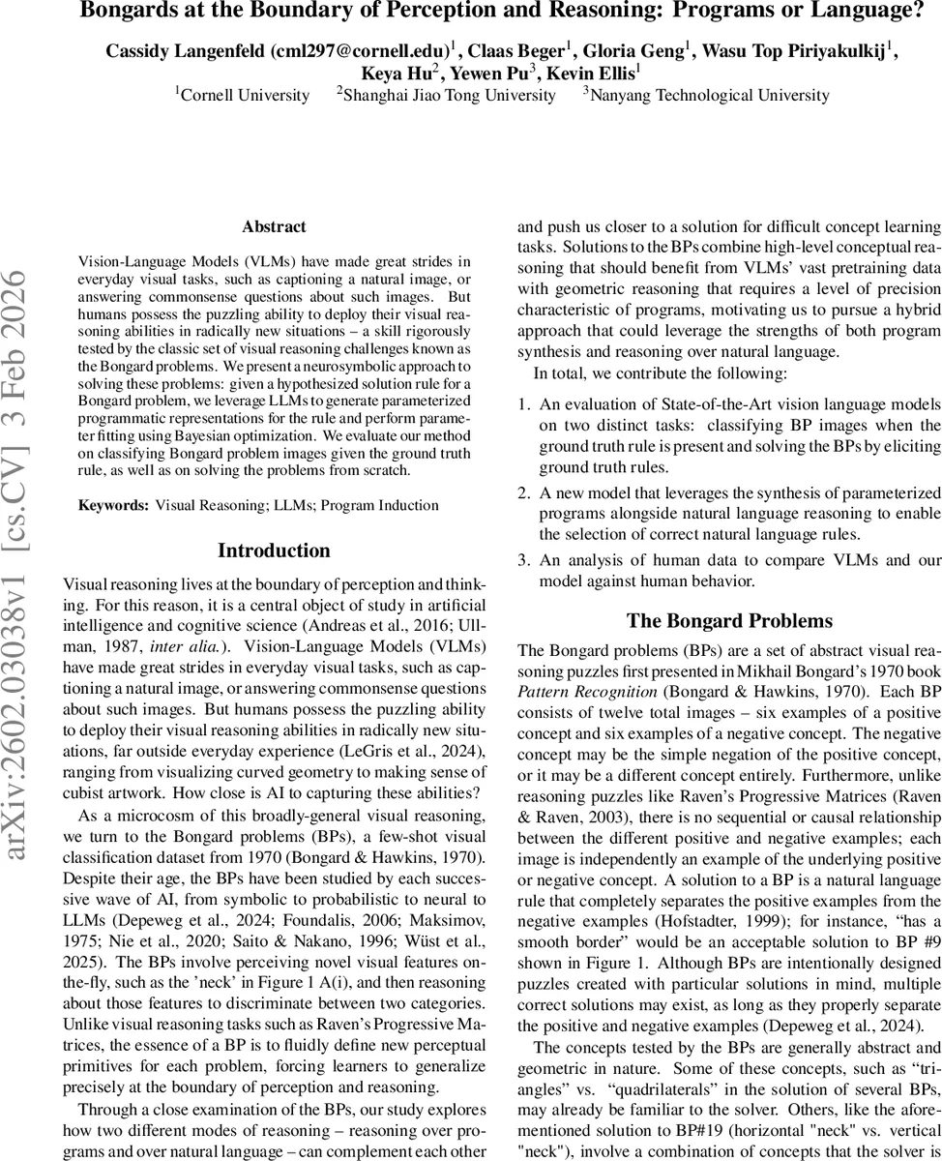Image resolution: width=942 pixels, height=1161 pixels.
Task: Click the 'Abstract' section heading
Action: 274,226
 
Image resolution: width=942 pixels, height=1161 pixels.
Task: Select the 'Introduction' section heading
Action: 274,551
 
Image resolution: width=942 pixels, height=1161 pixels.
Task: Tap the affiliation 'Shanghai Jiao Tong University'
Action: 450,95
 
